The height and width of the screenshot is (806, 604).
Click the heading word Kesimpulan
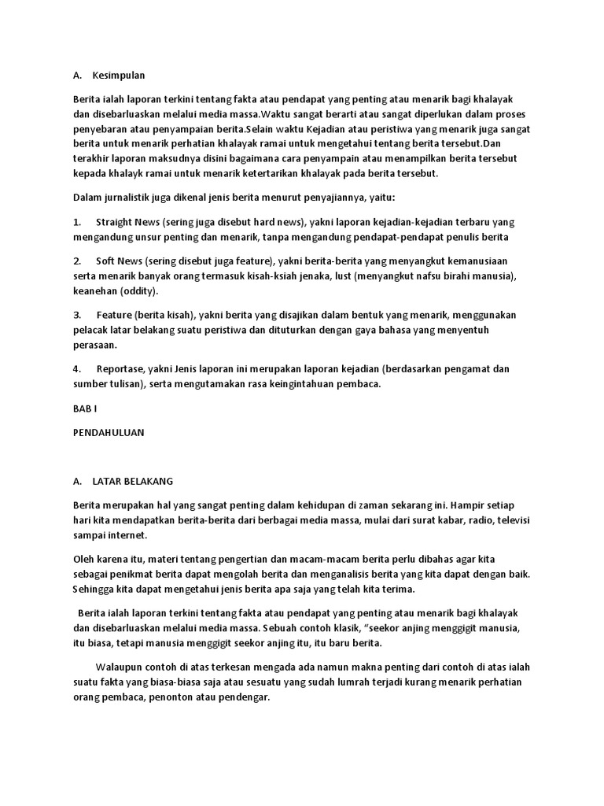tap(119, 76)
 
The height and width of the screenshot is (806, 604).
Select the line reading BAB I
tap(84, 409)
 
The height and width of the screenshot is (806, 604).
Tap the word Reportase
tap(120, 368)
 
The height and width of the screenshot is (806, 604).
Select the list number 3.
tap(77, 315)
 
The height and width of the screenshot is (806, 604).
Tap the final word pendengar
tap(244, 696)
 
